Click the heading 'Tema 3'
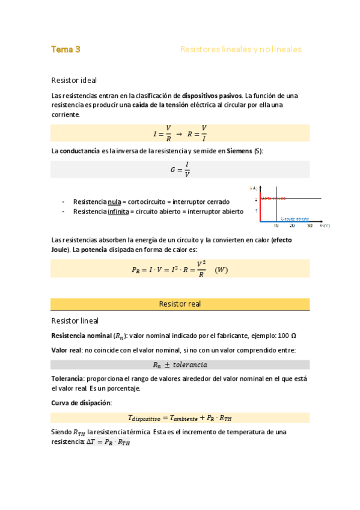[66, 49]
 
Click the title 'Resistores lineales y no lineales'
[240, 49]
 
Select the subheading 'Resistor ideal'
[74, 80]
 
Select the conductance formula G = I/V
[180, 170]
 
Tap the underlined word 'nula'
[115, 202]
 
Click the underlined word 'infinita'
[118, 212]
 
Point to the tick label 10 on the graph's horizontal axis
[276, 226]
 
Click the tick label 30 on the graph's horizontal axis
[310, 226]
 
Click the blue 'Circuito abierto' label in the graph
[294, 218]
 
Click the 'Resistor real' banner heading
[180, 304]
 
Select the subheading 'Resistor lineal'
[75, 321]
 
